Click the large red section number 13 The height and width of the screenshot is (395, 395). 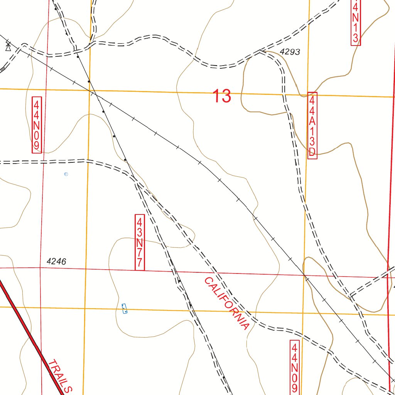(x=222, y=96)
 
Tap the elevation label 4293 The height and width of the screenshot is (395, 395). (x=290, y=52)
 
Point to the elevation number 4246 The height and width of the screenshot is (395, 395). (x=56, y=262)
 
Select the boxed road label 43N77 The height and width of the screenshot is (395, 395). (x=140, y=242)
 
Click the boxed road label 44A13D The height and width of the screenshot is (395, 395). (x=312, y=126)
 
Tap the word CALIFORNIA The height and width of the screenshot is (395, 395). (x=226, y=304)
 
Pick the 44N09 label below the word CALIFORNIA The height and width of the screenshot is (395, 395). (x=295, y=366)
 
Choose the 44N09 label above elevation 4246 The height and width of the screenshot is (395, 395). (x=37, y=125)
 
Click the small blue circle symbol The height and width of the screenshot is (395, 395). (x=66, y=174)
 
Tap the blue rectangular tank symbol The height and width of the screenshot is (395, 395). (x=124, y=309)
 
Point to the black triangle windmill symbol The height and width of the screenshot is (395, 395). (x=8, y=47)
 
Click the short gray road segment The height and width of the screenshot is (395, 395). (x=2, y=69)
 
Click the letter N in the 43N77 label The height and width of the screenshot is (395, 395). (x=140, y=243)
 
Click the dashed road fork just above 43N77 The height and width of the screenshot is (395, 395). (x=137, y=183)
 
